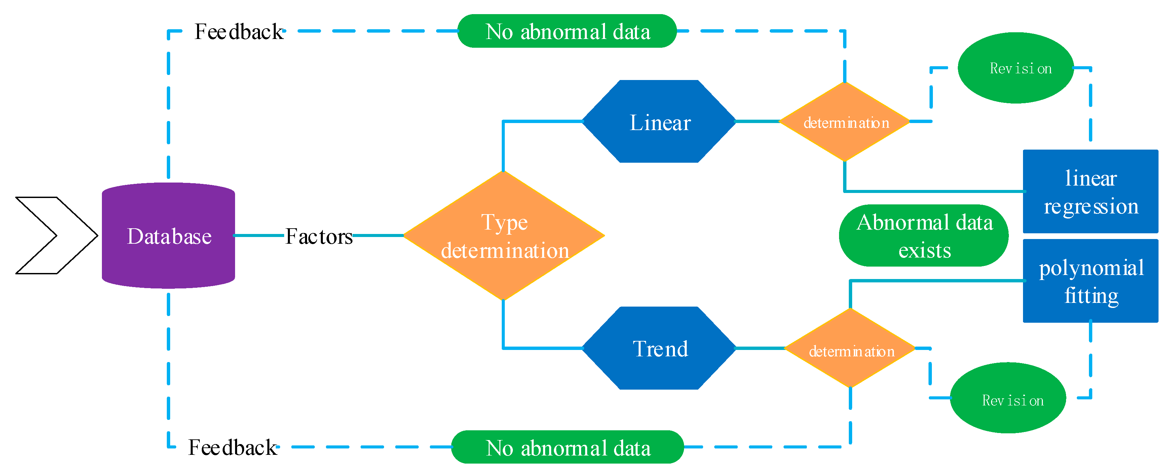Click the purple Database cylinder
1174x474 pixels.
(168, 235)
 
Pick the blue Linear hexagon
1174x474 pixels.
(659, 122)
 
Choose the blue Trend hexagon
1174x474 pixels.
(659, 348)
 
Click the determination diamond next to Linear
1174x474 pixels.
(845, 122)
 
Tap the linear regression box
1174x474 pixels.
(1090, 191)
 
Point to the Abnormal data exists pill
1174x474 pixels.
(924, 236)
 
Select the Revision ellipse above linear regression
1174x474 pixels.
(1016, 68)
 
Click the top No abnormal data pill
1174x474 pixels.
(567, 31)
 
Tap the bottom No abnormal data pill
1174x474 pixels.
(567, 447)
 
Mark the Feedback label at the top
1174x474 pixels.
(239, 32)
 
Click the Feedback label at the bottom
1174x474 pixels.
(232, 447)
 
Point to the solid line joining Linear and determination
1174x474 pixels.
(757, 121)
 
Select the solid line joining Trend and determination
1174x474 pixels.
(760, 348)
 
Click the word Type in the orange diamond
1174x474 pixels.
(504, 223)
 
